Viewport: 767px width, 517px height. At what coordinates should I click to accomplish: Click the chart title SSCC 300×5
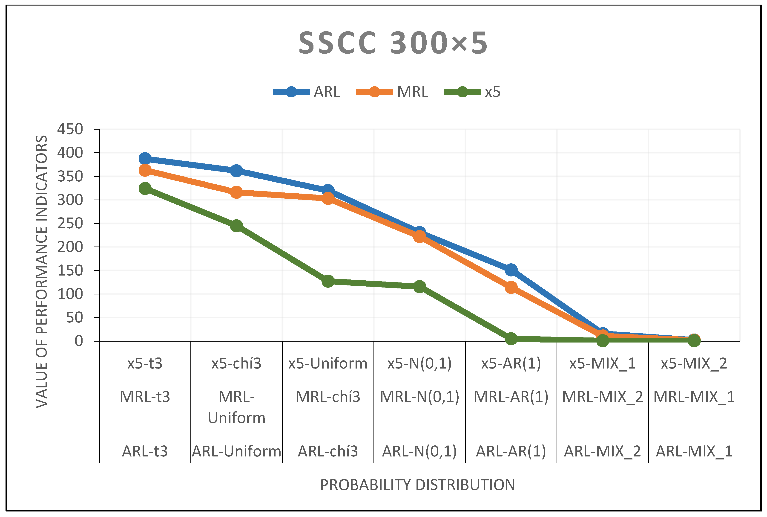click(x=393, y=44)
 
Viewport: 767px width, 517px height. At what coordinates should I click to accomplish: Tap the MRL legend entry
click(x=392, y=92)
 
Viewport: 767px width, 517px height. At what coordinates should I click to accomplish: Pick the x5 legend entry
click(x=472, y=92)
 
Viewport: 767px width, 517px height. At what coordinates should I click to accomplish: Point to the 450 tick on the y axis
click(x=70, y=129)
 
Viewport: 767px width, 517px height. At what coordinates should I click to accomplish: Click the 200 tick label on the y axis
click(x=70, y=247)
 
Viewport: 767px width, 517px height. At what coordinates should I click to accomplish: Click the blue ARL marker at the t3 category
click(x=145, y=159)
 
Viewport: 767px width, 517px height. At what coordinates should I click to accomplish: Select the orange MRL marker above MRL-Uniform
click(x=236, y=192)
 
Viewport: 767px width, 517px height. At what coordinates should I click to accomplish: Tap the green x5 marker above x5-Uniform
click(x=328, y=281)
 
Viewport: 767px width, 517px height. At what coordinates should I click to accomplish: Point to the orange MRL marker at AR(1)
click(x=511, y=288)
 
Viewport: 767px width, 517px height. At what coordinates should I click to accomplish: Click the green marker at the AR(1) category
click(x=511, y=338)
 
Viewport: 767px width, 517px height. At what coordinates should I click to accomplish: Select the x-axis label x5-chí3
click(x=236, y=364)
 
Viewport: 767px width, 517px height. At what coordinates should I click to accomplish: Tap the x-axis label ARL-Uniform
click(x=236, y=451)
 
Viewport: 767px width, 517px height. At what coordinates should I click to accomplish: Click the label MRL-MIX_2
click(x=602, y=397)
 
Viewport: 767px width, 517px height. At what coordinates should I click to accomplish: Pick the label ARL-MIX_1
click(x=694, y=451)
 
